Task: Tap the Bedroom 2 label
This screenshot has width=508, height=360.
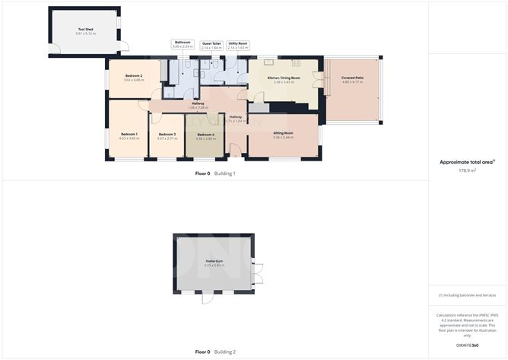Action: [x=134, y=76]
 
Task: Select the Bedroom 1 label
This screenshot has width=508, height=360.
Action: [x=128, y=134]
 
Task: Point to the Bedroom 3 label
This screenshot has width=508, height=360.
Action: [x=167, y=134]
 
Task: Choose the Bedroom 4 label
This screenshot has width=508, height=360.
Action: [x=205, y=135]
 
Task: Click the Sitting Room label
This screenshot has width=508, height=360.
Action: [x=283, y=132]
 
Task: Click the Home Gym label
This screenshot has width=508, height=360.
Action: [x=214, y=261]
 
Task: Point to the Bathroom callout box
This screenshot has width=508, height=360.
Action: [x=183, y=45]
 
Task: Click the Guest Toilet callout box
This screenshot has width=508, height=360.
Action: [x=211, y=45]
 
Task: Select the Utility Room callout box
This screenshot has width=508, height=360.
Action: [x=238, y=45]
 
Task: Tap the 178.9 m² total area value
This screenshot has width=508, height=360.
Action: [x=467, y=170]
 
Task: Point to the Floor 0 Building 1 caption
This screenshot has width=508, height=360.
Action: [x=216, y=174]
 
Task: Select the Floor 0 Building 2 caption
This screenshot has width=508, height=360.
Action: [x=216, y=352]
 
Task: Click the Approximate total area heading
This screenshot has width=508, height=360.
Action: [x=466, y=161]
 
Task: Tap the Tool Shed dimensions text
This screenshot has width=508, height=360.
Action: [x=84, y=35]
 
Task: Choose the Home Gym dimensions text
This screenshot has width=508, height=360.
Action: [x=214, y=266]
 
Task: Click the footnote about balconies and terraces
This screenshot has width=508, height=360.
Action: [x=467, y=295]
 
